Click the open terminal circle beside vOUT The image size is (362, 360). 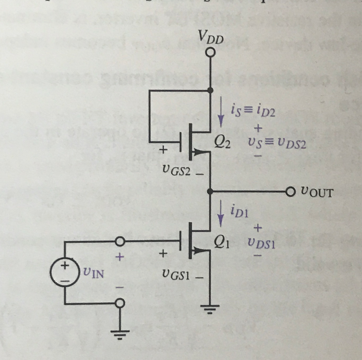coord(290,192)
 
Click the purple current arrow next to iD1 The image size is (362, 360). coord(221,214)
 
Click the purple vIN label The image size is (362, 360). coord(93,273)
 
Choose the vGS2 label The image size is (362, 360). coord(176,171)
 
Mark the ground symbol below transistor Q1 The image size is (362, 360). coord(210,310)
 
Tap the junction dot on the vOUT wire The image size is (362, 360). coord(210,191)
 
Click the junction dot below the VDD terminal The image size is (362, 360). coord(210,90)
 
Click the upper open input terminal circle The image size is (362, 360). coord(120,242)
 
